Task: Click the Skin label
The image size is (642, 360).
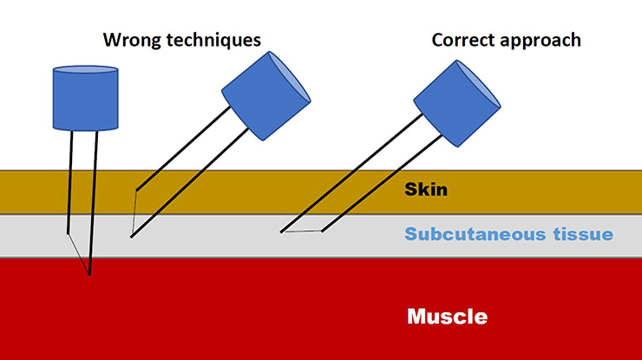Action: point(426,189)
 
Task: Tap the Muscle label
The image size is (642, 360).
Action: point(447,317)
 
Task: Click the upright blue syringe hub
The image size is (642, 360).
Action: point(86,98)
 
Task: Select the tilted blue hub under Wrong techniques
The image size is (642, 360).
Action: point(266,95)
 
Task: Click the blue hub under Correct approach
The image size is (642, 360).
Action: point(457,103)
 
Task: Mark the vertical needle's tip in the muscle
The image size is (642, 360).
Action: point(89,275)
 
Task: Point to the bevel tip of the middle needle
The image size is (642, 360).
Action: point(131,237)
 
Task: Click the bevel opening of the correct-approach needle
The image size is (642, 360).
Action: point(301,232)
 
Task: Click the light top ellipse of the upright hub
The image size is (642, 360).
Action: point(86,69)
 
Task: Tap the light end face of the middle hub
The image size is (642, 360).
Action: point(290,76)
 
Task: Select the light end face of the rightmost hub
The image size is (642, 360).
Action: point(479,84)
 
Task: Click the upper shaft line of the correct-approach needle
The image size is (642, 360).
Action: point(351,173)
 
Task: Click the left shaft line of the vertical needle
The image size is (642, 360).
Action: point(70,182)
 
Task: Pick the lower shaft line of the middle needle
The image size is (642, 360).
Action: point(190,183)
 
